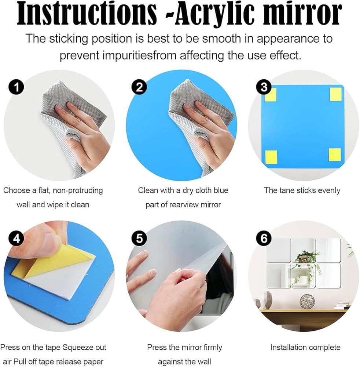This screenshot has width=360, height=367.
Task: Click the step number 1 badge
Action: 16,87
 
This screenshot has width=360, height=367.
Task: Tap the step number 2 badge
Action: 139,87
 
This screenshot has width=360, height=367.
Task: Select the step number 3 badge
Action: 264,87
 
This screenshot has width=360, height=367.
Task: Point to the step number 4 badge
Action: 16,239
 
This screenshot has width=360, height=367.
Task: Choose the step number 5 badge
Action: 139,239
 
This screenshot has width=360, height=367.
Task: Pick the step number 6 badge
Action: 264,239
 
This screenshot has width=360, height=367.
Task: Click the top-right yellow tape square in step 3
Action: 336,94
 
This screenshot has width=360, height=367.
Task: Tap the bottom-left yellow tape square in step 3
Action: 271,157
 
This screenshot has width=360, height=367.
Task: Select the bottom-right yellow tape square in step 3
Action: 334,155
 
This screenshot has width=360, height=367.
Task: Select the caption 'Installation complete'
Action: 305,347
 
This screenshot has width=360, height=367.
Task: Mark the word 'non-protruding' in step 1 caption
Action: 78,190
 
